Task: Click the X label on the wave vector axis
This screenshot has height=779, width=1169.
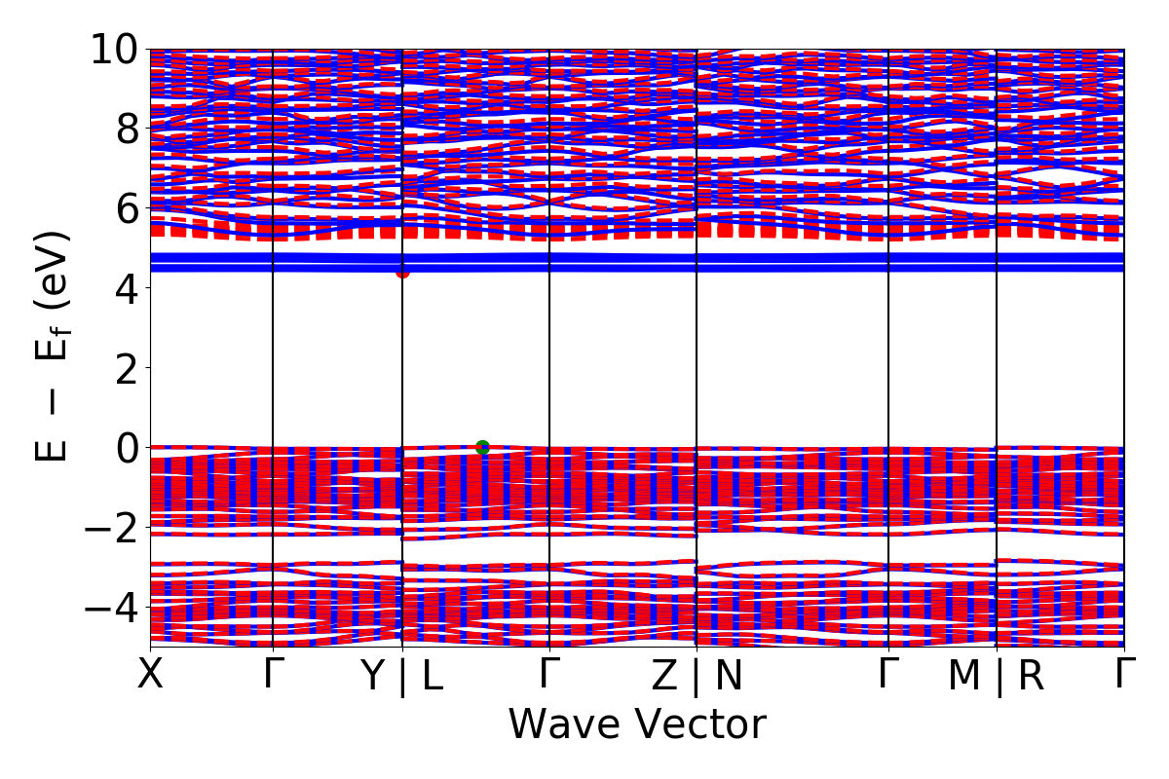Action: (x=150, y=674)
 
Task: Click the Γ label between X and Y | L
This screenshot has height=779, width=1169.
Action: (x=272, y=674)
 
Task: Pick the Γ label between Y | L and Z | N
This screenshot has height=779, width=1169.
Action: (x=549, y=674)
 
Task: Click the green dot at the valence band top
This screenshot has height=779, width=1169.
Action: (x=482, y=448)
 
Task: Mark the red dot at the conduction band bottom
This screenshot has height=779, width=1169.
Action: (x=402, y=272)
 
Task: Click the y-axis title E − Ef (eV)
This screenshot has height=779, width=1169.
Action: (x=54, y=346)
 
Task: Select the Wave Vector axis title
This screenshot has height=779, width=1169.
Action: (x=637, y=724)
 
